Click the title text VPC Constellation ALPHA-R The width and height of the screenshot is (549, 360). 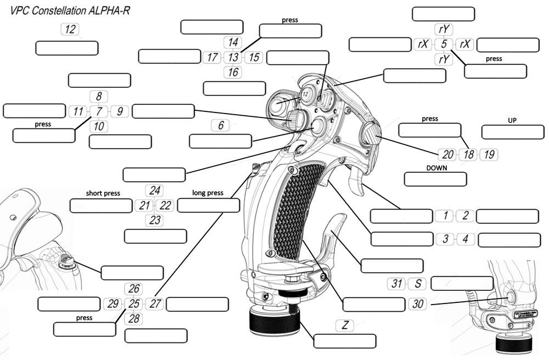tap(66, 10)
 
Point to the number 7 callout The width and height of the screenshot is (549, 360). tap(99, 111)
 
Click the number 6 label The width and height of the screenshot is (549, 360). tap(221, 126)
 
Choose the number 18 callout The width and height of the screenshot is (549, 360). tap(468, 154)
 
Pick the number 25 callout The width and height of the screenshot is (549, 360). tap(134, 303)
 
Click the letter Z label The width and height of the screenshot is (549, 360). tap(345, 325)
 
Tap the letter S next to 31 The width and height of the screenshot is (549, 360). tap(418, 284)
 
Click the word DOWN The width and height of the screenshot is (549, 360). tap(435, 167)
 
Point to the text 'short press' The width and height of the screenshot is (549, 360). tap(103, 193)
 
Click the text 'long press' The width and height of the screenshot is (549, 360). tap(208, 193)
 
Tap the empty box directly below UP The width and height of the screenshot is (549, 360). tap(513, 132)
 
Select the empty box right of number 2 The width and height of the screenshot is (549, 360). tap(507, 216)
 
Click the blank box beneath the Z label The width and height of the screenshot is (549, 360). tap(345, 340)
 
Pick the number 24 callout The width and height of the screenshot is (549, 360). tap(155, 191)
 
